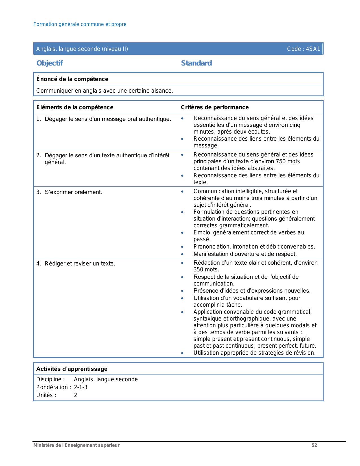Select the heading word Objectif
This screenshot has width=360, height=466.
coord(50,63)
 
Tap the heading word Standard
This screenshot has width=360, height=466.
coord(196,63)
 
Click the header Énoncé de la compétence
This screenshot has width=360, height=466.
coord(72,79)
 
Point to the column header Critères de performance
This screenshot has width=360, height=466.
coord(215,107)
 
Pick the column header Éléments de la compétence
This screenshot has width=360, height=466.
coord(75,107)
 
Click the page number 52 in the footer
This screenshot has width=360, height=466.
coord(314,445)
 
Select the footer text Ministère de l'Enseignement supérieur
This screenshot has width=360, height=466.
coord(77,445)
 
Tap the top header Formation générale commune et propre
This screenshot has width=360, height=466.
coord(80,24)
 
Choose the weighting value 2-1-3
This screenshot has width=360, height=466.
coord(81,387)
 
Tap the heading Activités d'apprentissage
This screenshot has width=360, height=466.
coord(72,369)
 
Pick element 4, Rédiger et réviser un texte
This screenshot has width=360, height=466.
coord(80,264)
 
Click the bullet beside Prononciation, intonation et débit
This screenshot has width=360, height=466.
coord(182,247)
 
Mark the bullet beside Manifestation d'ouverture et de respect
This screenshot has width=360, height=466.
coord(182,254)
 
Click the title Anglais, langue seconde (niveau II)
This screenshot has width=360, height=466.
coord(82,49)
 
